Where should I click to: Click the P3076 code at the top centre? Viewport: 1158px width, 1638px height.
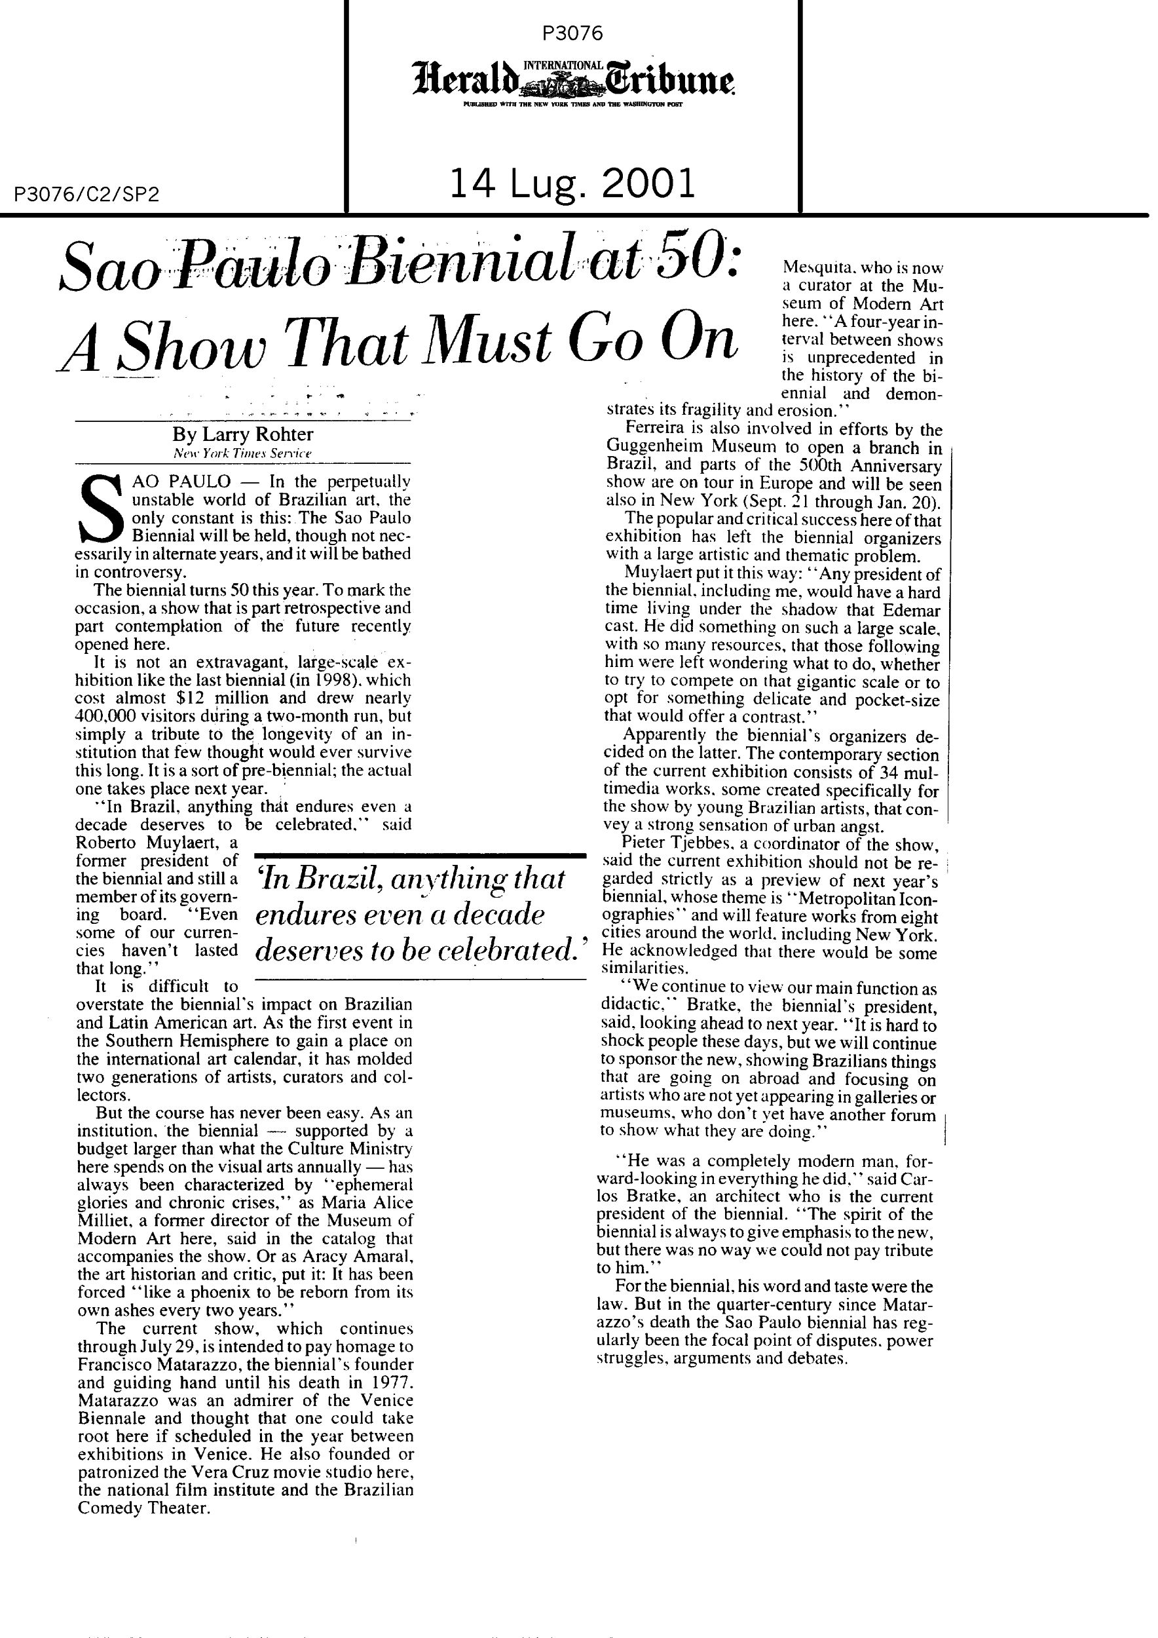coord(572,33)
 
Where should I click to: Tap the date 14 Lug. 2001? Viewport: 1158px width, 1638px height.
coord(572,185)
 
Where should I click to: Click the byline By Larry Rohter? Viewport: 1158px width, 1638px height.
coord(242,434)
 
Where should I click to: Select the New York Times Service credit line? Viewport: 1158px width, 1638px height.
coord(242,454)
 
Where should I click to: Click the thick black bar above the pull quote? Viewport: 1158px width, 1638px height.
coord(420,854)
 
